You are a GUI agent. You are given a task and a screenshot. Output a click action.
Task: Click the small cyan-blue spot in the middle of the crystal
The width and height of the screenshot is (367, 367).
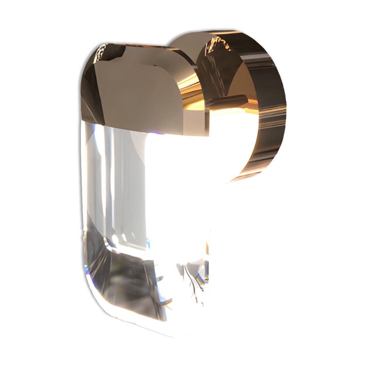148,242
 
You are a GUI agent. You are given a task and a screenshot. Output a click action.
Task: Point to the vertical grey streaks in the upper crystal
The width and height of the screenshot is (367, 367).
112,177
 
